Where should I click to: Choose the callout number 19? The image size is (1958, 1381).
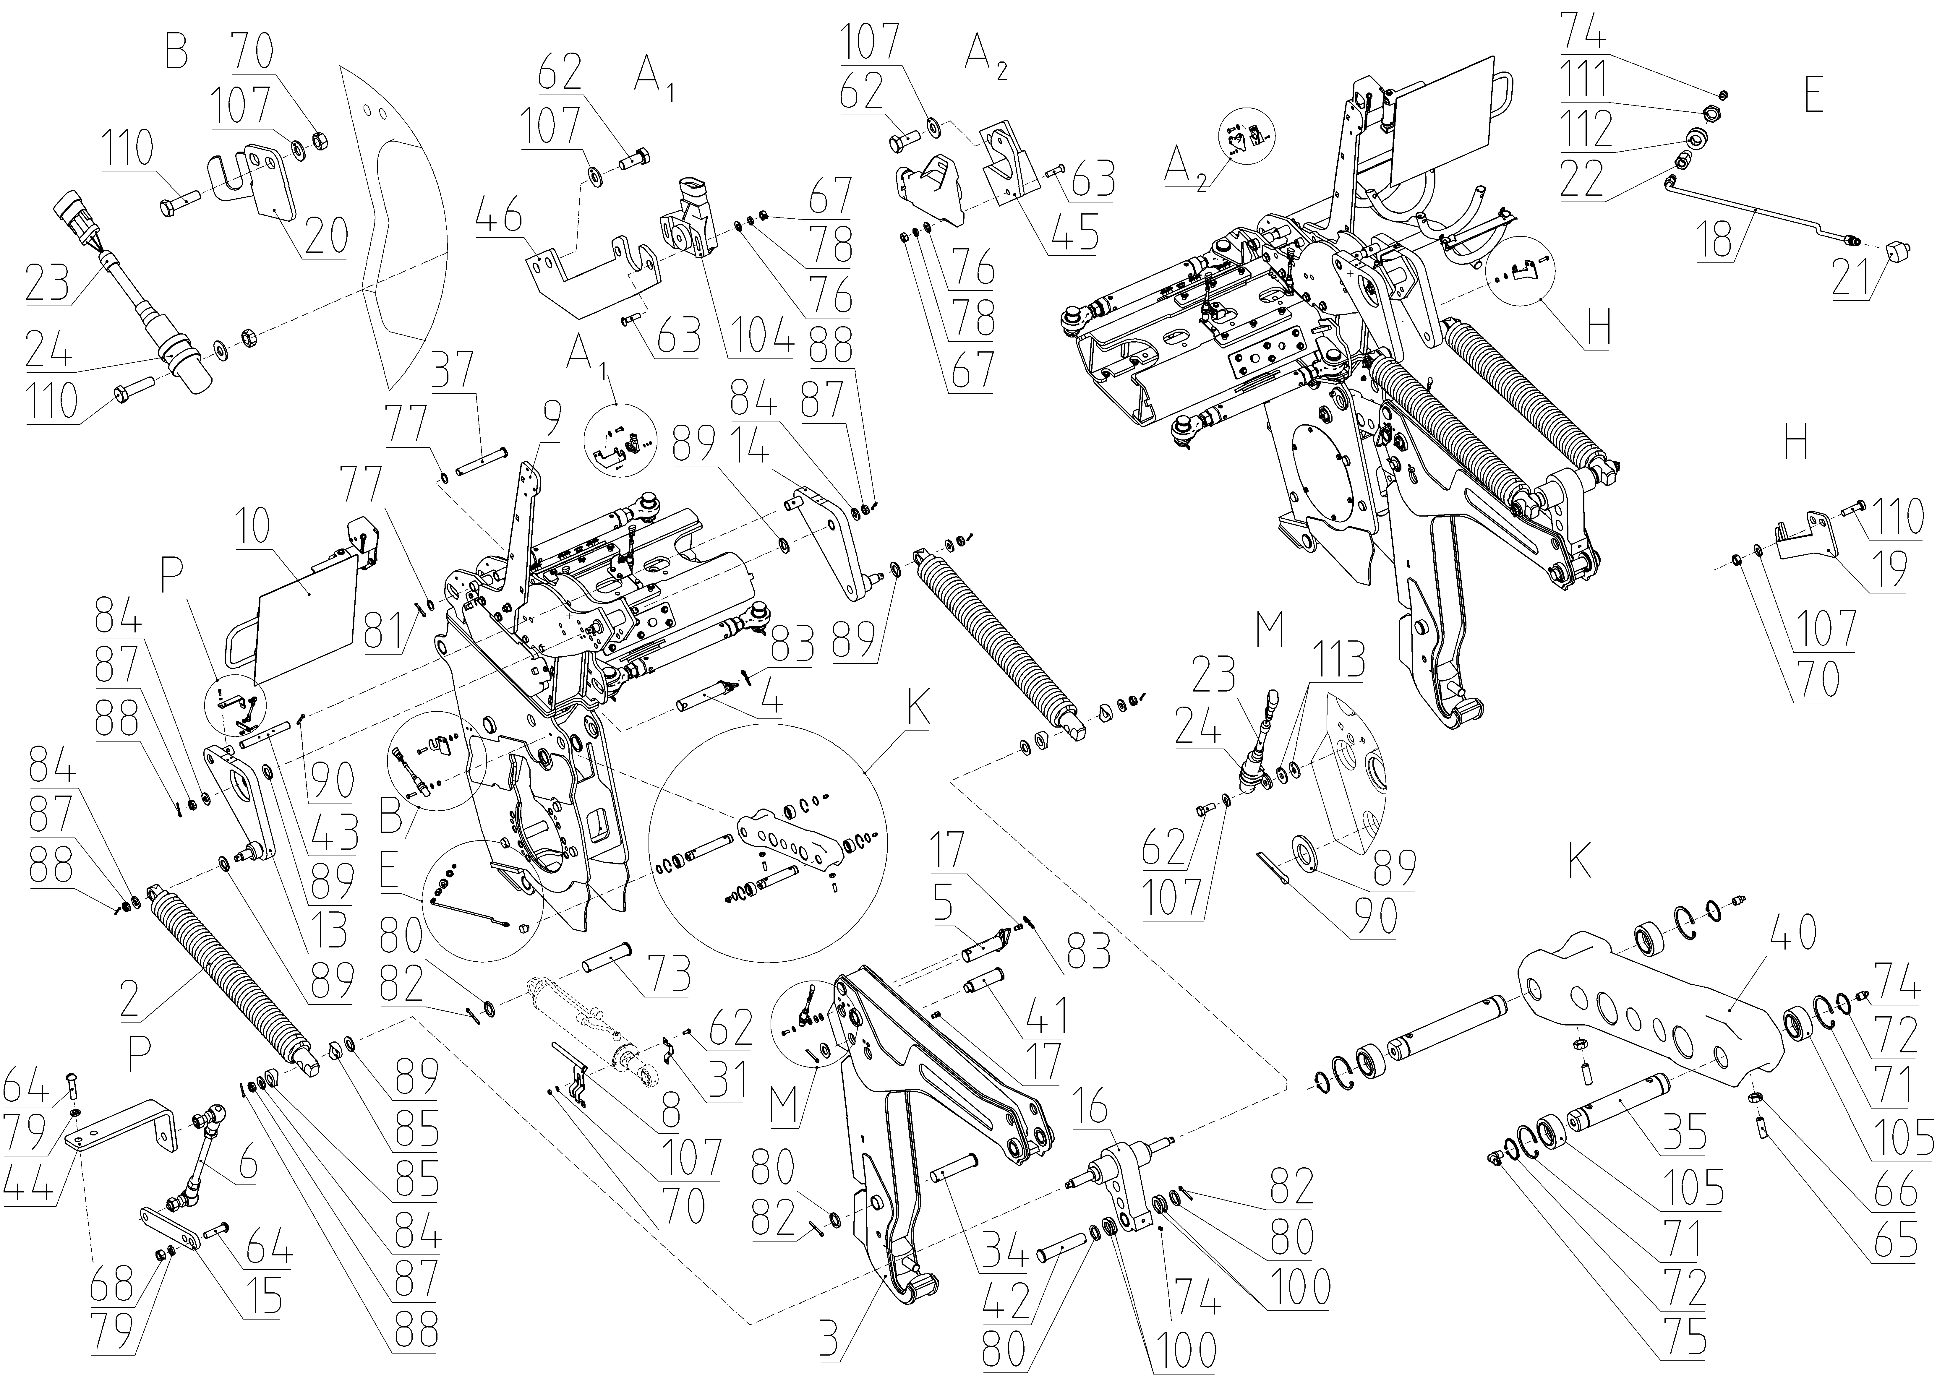[x=1886, y=573]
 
